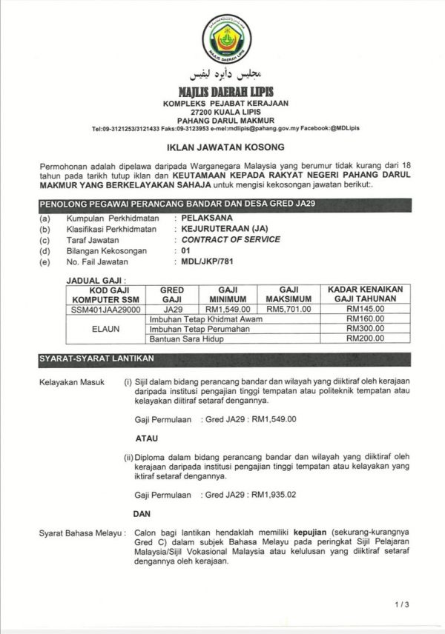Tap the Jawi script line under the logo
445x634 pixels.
coord(226,75)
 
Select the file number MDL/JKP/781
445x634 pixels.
coord(202,261)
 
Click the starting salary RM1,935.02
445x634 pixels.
coord(274,493)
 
